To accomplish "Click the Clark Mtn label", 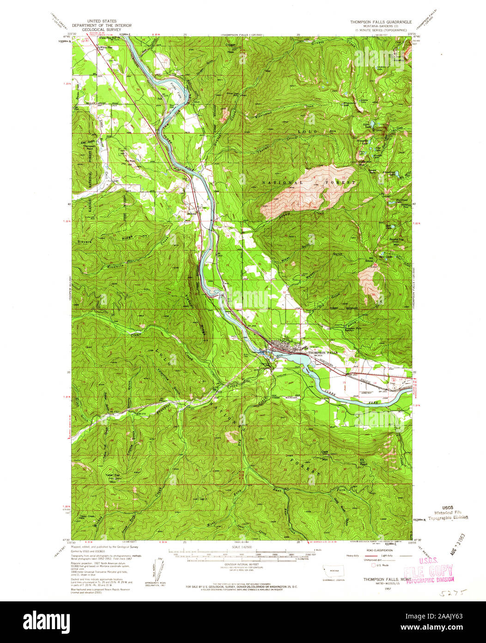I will (x=324, y=454).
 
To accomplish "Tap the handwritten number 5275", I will (x=448, y=593).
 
